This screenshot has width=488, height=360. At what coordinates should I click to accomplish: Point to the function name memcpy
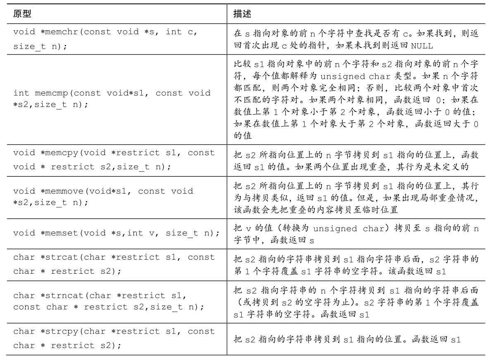(x=60, y=153)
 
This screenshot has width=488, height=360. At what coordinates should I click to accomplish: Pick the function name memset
(x=60, y=233)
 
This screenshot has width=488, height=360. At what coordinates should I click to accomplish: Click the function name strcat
(x=60, y=257)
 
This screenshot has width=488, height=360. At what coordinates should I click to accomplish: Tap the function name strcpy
(x=60, y=331)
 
